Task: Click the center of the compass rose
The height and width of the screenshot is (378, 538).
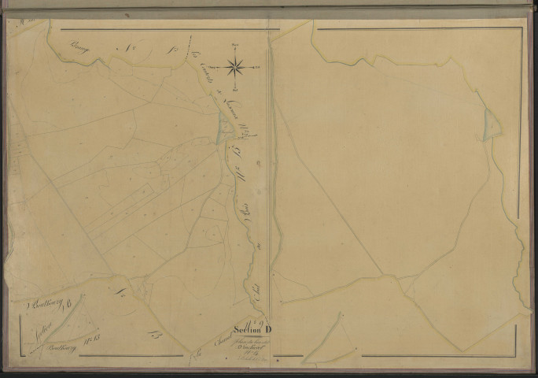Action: coord(235,67)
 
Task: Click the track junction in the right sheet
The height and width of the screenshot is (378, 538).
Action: coord(383,275)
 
